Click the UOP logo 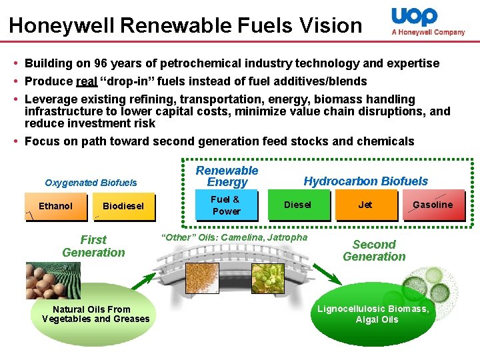(x=414, y=16)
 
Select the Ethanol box (x=55, y=207)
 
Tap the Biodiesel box (x=123, y=207)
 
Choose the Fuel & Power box (x=226, y=205)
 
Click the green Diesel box (x=297, y=205)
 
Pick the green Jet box (x=365, y=205)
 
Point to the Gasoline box (x=433, y=205)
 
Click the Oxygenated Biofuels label (x=91, y=183)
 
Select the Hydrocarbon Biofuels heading (x=366, y=181)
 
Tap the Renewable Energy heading (x=227, y=177)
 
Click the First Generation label (x=93, y=246)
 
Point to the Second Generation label (x=374, y=251)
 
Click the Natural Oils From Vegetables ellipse (x=95, y=314)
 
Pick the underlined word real (x=87, y=81)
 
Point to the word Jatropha (x=287, y=237)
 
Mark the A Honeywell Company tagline (x=428, y=32)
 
